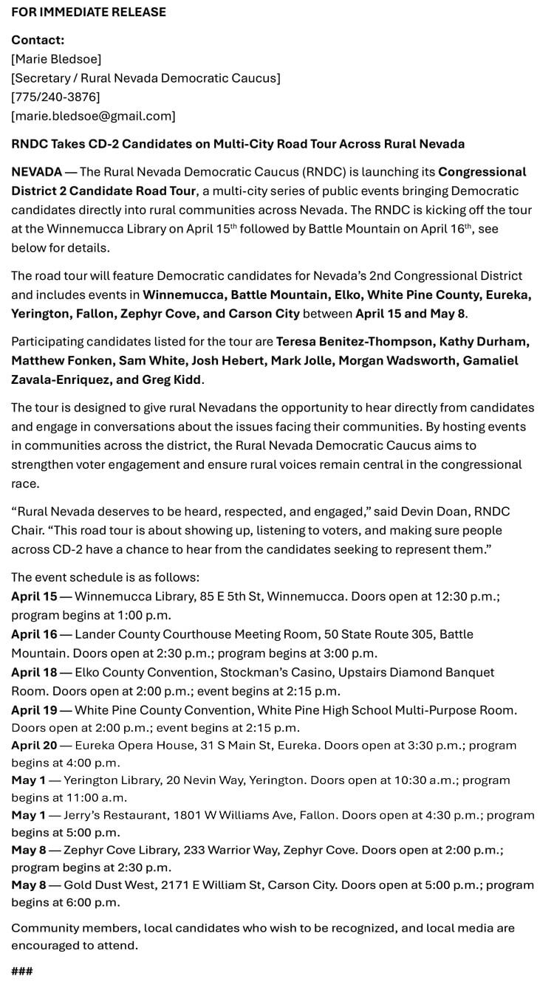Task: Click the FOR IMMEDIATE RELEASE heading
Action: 89,12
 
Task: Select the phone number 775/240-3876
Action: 55,97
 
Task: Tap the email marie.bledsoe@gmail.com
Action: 93,116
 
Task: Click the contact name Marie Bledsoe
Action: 56,58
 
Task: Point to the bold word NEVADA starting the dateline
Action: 37,172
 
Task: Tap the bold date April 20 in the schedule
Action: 34,745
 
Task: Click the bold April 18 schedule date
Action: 34,673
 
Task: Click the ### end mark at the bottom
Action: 22,970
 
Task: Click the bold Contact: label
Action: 38,40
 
